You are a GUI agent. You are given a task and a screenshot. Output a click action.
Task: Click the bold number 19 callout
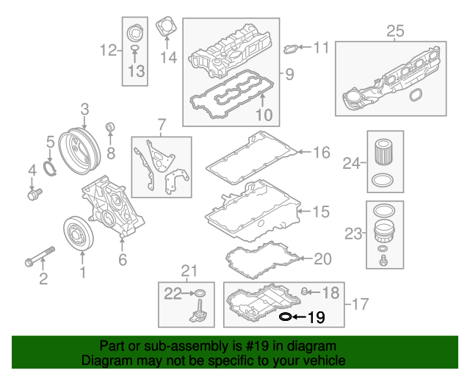click(x=317, y=317)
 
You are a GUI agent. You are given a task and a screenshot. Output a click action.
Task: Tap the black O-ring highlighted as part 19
click(x=286, y=317)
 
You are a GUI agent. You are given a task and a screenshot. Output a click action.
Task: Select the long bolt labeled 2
click(x=40, y=256)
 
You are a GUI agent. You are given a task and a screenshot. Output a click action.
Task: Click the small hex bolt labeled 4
click(x=35, y=194)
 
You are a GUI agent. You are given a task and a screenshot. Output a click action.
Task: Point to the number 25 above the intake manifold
click(x=395, y=31)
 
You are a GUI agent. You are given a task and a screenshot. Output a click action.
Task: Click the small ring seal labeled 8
click(x=111, y=127)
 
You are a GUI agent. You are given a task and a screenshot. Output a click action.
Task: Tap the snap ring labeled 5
click(x=50, y=168)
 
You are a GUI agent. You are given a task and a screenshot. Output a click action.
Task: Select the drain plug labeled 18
click(x=304, y=291)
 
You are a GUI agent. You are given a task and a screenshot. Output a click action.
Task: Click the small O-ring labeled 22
click(x=200, y=293)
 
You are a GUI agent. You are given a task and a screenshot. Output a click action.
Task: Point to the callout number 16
click(x=322, y=153)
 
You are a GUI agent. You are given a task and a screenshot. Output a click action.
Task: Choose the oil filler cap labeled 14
click(x=166, y=26)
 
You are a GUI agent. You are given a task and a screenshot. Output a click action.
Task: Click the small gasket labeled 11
click(x=291, y=49)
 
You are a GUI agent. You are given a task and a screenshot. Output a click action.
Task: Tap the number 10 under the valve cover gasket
click(x=264, y=115)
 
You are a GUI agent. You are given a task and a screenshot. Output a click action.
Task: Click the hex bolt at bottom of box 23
click(x=383, y=261)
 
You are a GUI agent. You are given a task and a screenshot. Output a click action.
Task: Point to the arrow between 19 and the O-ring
click(x=300, y=317)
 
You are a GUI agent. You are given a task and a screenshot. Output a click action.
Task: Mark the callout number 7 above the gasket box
click(x=162, y=124)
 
